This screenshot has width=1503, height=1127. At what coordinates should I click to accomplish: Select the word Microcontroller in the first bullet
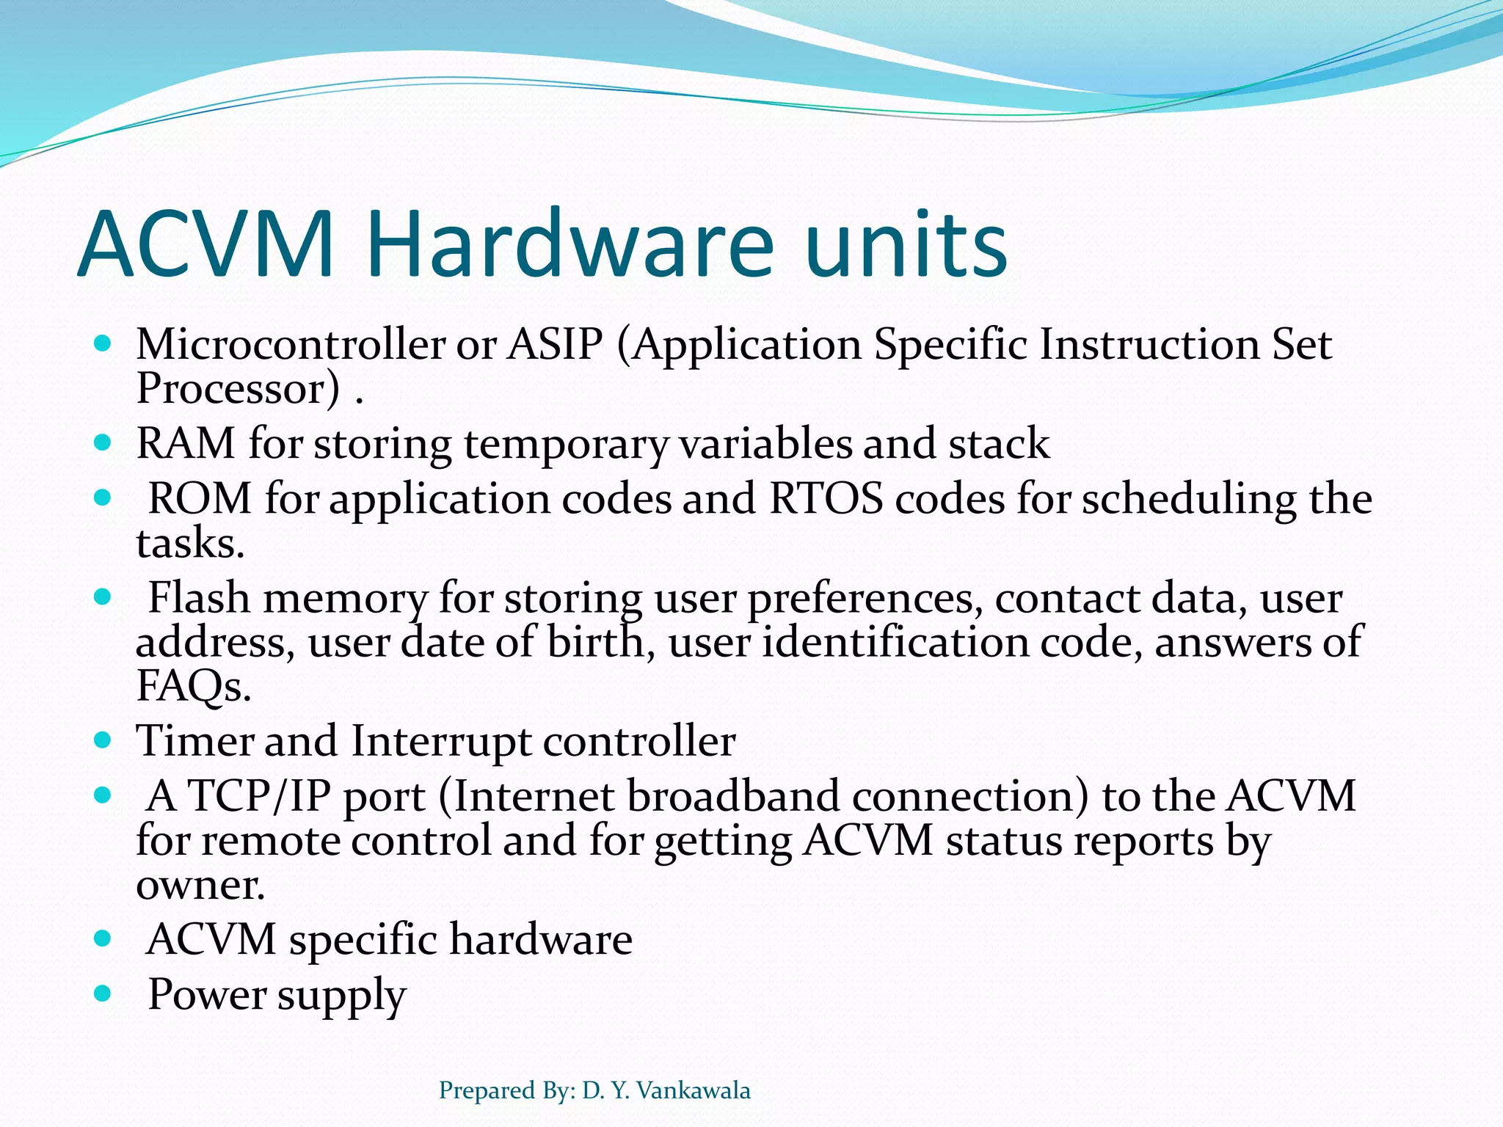tap(291, 344)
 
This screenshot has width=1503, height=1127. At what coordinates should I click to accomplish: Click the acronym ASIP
tap(555, 344)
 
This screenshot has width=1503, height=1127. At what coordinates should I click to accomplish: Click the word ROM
tap(200, 499)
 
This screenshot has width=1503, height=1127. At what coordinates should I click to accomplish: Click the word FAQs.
tap(193, 687)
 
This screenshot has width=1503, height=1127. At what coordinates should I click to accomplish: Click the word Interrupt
tap(440, 741)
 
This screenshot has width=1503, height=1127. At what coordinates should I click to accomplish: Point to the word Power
tap(206, 996)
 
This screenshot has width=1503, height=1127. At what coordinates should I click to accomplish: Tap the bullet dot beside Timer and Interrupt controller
tap(103, 740)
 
